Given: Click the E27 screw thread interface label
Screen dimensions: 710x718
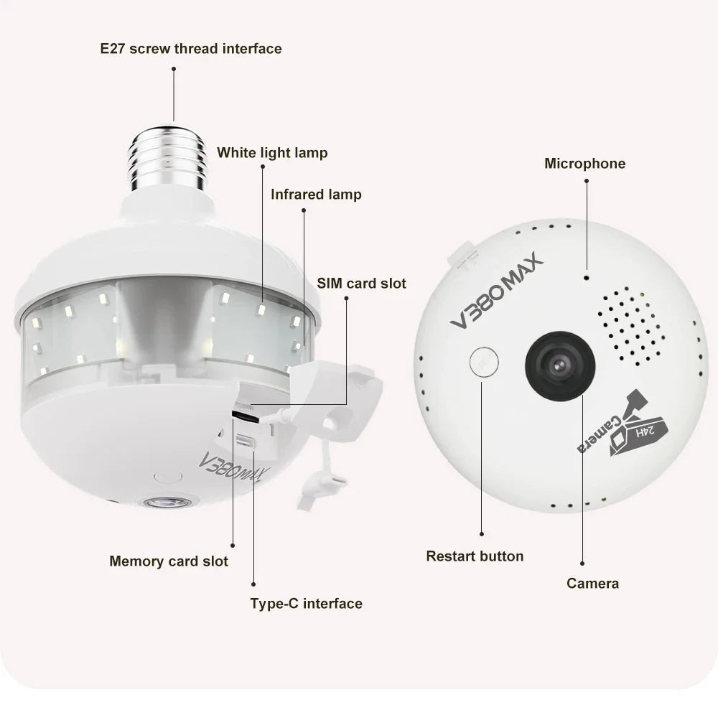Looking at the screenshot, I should coord(190,49).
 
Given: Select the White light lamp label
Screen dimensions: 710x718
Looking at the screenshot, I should coord(272,152).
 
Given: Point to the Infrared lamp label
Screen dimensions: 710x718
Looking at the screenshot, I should coord(316,195).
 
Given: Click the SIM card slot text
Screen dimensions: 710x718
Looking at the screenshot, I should coord(361,283).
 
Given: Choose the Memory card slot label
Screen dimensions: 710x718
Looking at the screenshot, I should coord(169,561).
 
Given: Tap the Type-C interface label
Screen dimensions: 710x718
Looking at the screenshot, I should coord(306,603).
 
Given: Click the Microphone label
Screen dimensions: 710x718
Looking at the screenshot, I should coord(584,163).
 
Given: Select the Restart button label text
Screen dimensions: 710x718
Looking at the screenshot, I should coord(475,556).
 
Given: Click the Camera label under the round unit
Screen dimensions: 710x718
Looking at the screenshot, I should coord(592,583).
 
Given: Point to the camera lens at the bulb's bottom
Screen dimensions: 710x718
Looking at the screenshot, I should coord(167,502).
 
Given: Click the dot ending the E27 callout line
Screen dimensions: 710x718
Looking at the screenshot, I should coord(174,69).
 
